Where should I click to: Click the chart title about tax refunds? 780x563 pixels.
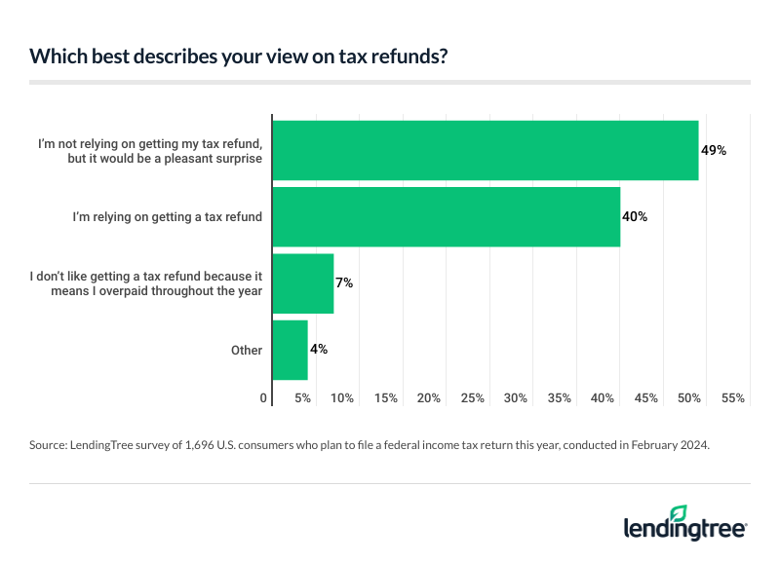click(240, 56)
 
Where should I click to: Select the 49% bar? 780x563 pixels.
click(485, 150)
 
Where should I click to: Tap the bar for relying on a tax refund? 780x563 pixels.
click(446, 216)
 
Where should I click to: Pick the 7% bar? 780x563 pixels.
click(303, 283)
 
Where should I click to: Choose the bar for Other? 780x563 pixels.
click(290, 350)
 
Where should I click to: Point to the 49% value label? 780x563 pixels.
click(714, 151)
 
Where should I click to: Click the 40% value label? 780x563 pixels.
click(635, 216)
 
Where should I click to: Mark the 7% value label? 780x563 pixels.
click(344, 283)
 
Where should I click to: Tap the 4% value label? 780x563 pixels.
click(319, 349)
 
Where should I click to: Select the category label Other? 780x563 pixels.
click(247, 350)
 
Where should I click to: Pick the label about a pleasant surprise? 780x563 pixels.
click(150, 151)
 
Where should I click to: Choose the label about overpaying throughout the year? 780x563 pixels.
click(147, 283)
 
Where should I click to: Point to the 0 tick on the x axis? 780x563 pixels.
click(263, 398)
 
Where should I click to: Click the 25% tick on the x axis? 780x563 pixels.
click(473, 398)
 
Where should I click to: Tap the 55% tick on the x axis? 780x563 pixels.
click(733, 398)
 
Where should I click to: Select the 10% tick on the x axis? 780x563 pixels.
click(342, 398)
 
